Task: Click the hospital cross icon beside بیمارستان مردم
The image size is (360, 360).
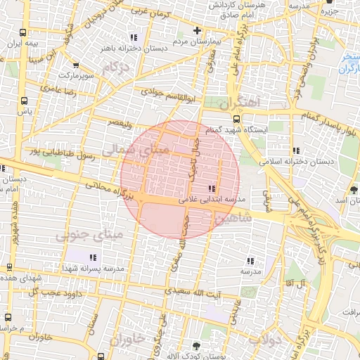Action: tap(198, 31)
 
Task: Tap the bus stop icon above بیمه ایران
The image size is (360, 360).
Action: tap(25, 32)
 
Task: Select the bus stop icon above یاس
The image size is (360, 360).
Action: tap(25, 101)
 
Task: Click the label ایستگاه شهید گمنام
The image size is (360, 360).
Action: tap(275, 131)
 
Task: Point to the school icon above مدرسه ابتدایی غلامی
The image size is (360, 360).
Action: tap(212, 188)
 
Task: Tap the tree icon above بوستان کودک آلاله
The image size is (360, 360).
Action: tap(195, 345)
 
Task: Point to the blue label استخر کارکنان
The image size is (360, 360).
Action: tap(347, 63)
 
